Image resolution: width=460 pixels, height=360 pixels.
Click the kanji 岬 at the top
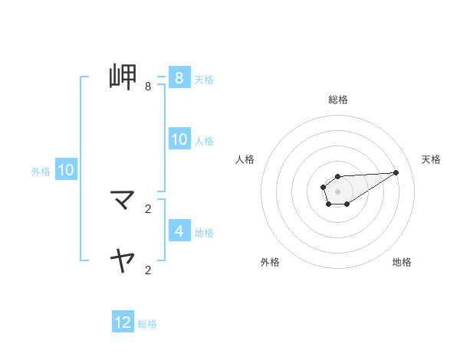pyautogui.click(x=123, y=77)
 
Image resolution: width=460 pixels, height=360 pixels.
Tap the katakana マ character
pyautogui.click(x=123, y=201)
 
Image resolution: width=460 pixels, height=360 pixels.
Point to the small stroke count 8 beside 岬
pyautogui.click(x=148, y=87)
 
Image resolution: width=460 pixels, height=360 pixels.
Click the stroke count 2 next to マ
pyautogui.click(x=148, y=208)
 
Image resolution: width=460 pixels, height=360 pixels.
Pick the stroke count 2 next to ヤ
pyautogui.click(x=148, y=270)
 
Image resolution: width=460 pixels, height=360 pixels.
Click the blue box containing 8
pyautogui.click(x=179, y=77)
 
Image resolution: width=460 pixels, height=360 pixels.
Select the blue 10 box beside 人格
pyautogui.click(x=179, y=139)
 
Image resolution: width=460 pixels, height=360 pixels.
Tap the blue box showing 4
pyautogui.click(x=179, y=231)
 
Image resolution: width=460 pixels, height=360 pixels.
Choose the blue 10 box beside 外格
pyautogui.click(x=66, y=170)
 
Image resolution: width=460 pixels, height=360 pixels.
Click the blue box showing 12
pyautogui.click(x=123, y=322)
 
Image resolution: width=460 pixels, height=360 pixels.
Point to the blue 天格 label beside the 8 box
pyautogui.click(x=204, y=79)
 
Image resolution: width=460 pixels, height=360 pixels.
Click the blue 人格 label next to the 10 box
pyautogui.click(x=204, y=141)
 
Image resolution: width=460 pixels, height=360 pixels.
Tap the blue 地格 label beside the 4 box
pyautogui.click(x=204, y=232)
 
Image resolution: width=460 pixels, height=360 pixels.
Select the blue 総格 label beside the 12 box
pyautogui.click(x=147, y=324)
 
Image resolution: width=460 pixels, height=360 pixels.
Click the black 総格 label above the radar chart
pyautogui.click(x=337, y=100)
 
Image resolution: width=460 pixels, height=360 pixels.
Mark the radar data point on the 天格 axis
pyautogui.click(x=396, y=172)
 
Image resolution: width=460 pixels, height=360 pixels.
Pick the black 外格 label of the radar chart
pyautogui.click(x=270, y=263)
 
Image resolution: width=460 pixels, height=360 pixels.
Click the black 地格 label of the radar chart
pyautogui.click(x=402, y=263)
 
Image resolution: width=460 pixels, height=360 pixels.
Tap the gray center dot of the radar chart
pyautogui.click(x=337, y=191)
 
